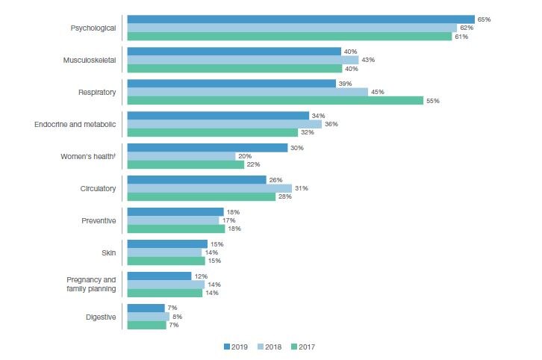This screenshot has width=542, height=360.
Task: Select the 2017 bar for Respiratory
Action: coord(275,101)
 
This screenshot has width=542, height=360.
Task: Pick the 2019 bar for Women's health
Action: coord(207,148)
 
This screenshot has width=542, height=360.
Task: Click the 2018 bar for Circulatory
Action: coord(210,188)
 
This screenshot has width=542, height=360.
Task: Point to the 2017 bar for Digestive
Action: coord(146,325)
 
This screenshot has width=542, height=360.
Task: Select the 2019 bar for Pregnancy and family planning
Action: coord(159,276)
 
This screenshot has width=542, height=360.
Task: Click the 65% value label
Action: coord(484,19)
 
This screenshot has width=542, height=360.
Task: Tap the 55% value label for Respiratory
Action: coord(433,101)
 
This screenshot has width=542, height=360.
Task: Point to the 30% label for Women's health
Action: coord(297,148)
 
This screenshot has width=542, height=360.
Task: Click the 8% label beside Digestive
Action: coord(177,317)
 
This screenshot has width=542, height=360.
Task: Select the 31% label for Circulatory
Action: coord(302,188)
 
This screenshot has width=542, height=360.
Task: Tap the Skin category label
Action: coord(108,252)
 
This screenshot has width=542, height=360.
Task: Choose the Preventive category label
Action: coord(99,220)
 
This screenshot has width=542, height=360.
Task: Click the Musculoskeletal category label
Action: coord(89,60)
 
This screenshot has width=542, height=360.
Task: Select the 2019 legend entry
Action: coord(237,347)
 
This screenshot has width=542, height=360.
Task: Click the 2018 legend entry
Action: coord(271,347)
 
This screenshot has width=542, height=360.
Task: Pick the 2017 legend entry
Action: coord(305,347)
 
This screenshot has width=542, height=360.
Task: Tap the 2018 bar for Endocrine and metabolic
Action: coord(224,124)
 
